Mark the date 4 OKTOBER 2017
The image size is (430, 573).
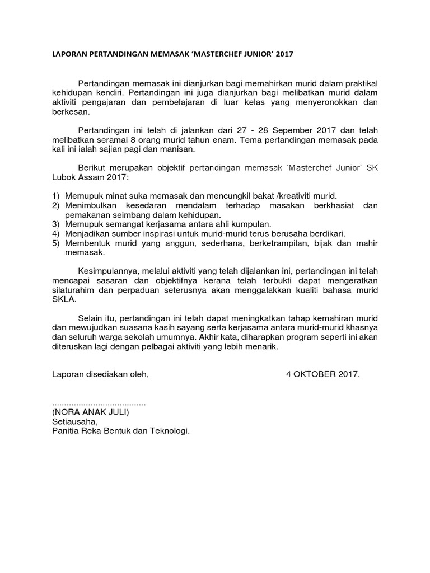(x=322, y=374)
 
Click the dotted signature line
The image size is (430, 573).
(x=99, y=403)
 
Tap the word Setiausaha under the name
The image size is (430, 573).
(x=74, y=422)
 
